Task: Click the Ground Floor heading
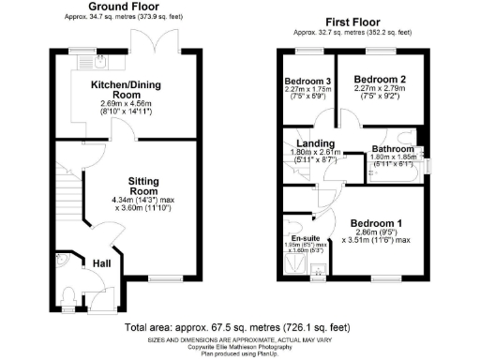click(123, 7)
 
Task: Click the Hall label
click(101, 265)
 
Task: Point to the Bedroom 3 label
click(307, 82)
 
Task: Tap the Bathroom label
click(391, 149)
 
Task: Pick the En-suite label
click(298, 238)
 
